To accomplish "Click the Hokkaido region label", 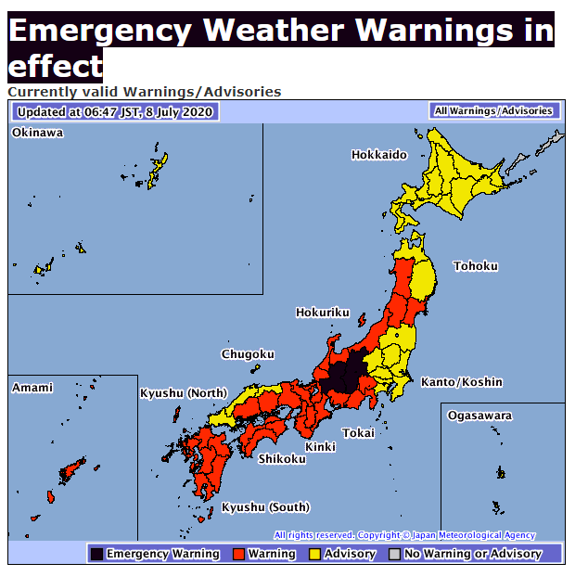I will [x=378, y=155].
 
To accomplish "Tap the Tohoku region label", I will [x=475, y=266].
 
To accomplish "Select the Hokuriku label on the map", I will [x=322, y=313].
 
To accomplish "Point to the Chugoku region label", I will [x=248, y=354].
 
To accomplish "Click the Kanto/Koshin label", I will [x=461, y=382].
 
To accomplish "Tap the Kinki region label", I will [x=320, y=447].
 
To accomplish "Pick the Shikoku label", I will [x=281, y=459].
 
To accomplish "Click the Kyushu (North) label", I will [x=183, y=393].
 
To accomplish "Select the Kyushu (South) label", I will [x=265, y=507].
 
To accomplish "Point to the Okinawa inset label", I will [x=37, y=134].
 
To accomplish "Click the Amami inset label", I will [x=32, y=388].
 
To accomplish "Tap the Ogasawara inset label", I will [x=479, y=416].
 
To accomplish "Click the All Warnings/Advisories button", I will [x=493, y=111].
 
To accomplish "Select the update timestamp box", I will [x=115, y=112].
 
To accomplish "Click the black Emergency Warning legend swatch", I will [x=96, y=554].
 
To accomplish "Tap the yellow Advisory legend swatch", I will [x=314, y=554].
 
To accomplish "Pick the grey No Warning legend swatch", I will [x=394, y=554].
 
